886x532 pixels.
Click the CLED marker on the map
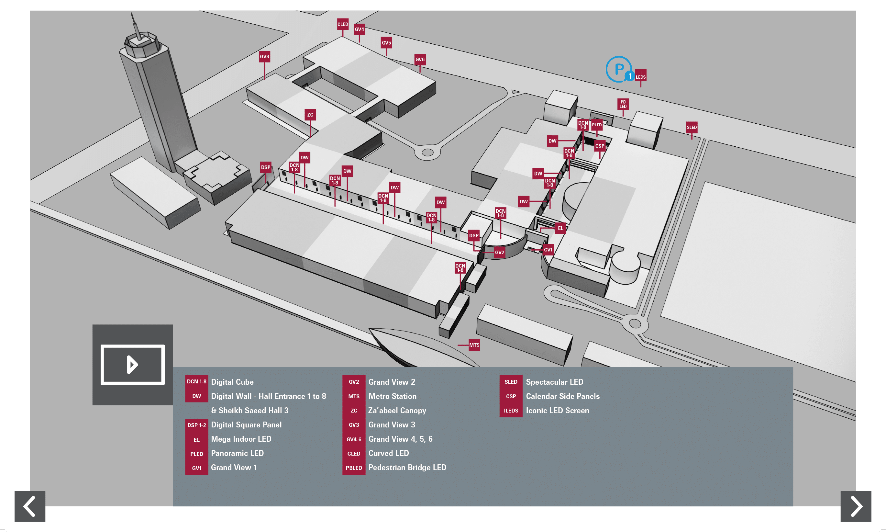click(342, 24)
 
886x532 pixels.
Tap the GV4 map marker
click(359, 29)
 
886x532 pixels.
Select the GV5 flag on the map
click(386, 43)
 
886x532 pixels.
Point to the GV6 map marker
click(420, 60)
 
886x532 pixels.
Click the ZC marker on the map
click(310, 115)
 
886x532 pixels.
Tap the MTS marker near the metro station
click(474, 345)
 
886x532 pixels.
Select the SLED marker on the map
click(692, 127)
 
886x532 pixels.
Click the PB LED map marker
click(623, 104)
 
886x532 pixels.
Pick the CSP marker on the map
click(599, 146)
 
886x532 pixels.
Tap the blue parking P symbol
click(619, 69)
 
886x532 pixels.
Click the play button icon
click(133, 365)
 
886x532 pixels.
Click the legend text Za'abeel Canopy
click(397, 411)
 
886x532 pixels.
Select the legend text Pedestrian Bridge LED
click(407, 468)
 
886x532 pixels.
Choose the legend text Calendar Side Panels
click(562, 396)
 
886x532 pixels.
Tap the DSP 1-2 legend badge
click(196, 425)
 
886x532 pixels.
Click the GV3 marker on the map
click(264, 57)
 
